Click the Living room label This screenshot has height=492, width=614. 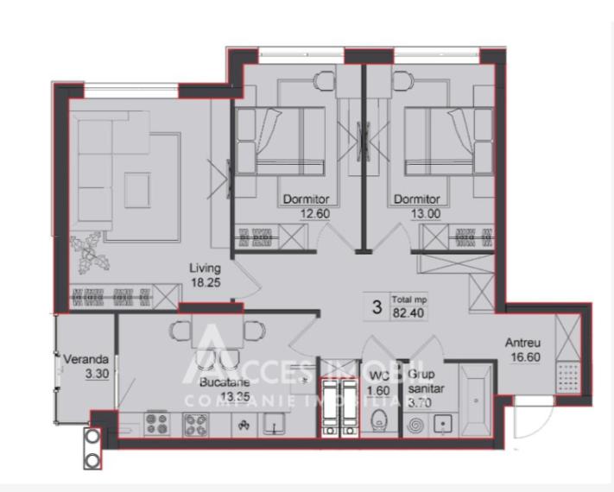(x=206, y=268)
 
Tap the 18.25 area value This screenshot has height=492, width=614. (x=206, y=281)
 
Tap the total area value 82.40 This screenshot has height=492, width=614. (x=410, y=312)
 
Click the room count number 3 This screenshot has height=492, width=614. (x=377, y=306)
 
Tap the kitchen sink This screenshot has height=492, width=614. (x=275, y=422)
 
